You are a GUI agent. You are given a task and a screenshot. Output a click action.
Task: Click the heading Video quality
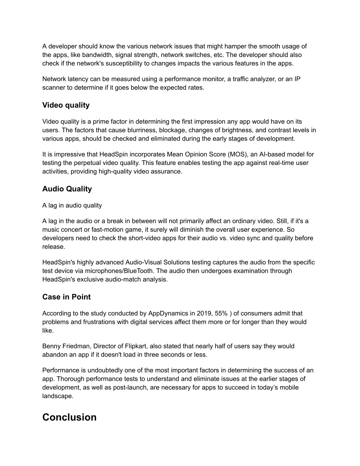tap(66, 105)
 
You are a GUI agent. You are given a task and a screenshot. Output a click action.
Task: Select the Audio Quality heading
tap(67, 189)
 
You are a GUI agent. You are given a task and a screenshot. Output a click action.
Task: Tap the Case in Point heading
tap(66, 297)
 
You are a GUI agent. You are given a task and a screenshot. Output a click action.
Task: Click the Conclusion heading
tap(69, 417)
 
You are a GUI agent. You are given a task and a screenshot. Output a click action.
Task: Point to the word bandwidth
tap(97, 55)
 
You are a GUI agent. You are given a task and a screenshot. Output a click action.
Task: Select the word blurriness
tap(139, 130)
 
